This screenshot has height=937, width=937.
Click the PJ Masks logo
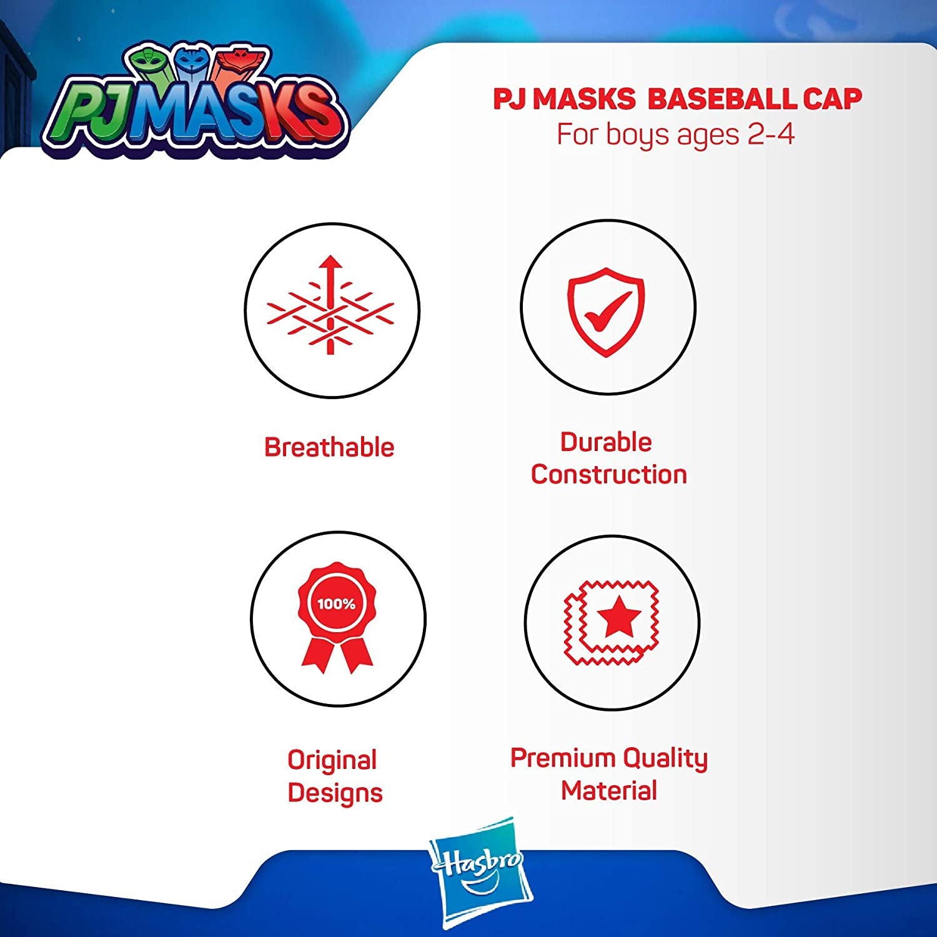click(194, 100)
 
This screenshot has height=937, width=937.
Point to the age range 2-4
click(771, 134)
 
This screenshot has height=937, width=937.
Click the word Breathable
click(329, 447)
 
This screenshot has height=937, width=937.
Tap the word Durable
click(606, 442)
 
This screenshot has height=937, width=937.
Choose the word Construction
click(609, 474)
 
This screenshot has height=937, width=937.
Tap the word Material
click(609, 790)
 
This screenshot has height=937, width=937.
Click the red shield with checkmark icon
click(605, 312)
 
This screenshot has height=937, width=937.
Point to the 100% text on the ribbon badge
click(336, 603)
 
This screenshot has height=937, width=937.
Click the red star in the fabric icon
click(618, 615)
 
